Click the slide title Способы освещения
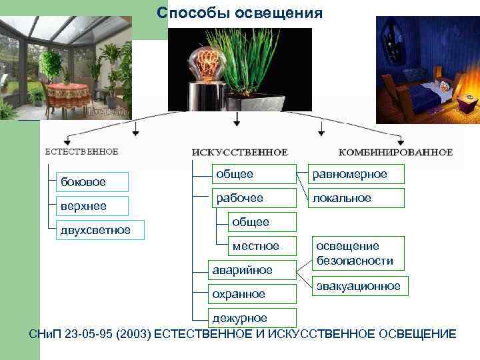click(x=239, y=13)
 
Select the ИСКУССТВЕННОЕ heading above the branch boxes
click(x=239, y=152)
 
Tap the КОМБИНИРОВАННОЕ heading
click(x=395, y=152)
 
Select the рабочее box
click(x=253, y=198)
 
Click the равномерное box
click(x=356, y=174)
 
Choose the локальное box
click(x=356, y=198)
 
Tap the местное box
click(x=255, y=246)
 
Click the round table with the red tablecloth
click(x=67, y=93)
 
